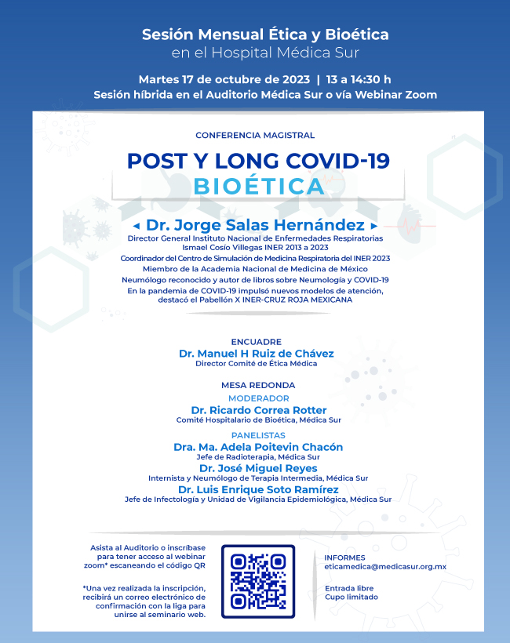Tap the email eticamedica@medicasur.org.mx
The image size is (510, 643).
[x=385, y=566]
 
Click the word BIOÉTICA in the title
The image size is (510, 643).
[x=258, y=187]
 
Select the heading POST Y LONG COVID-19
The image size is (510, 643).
[x=258, y=160]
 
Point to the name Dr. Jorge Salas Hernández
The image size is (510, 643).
[x=255, y=225]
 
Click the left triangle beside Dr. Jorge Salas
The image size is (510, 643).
[x=137, y=226]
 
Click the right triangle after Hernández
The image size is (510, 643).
[x=374, y=226]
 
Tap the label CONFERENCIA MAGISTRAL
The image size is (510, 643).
[x=255, y=136]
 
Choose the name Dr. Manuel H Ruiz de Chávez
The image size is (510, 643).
[x=256, y=354]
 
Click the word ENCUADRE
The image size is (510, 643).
[x=256, y=342]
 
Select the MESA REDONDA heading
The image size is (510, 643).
[x=258, y=385]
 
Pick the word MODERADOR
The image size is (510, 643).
[x=258, y=398]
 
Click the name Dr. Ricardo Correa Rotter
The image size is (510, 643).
[x=258, y=410]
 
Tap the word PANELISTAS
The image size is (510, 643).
[x=258, y=435]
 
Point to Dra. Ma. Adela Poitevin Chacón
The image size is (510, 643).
[x=258, y=447]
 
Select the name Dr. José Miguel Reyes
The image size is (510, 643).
[x=258, y=468]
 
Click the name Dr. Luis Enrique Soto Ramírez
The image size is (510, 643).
[x=258, y=489]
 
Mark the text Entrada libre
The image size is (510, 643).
[x=348, y=588]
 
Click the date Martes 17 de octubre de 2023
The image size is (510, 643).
[x=224, y=79]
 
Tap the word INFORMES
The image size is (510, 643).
[x=344, y=558]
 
